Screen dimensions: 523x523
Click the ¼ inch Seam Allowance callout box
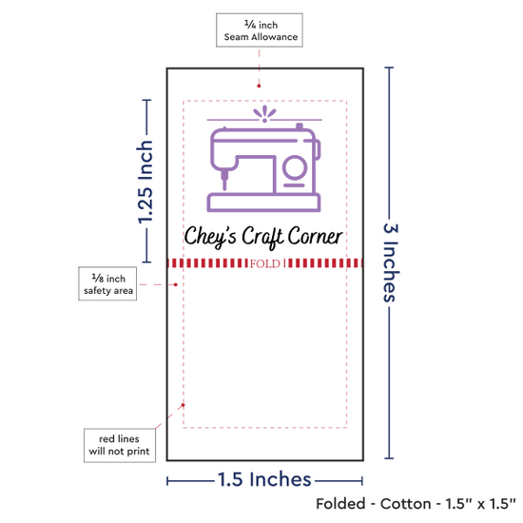point(260,30)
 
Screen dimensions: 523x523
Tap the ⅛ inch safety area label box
point(107,283)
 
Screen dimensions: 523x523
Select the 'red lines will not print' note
point(120,445)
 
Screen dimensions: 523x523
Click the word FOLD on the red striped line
point(265,263)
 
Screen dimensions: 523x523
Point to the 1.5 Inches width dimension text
point(264,479)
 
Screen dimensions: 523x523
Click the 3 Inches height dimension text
point(391,262)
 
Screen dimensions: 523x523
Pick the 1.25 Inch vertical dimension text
point(145,183)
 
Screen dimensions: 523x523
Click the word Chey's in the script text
point(210,237)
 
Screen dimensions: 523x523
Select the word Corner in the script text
point(315,236)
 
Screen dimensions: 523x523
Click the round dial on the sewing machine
point(295,167)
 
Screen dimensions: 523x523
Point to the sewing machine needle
point(224,180)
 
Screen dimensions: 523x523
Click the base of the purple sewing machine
point(263,203)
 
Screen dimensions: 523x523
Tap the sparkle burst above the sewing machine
point(264,114)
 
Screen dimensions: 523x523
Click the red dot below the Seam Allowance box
point(259,86)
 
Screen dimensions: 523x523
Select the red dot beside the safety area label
point(176,284)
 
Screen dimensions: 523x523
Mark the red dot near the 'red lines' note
point(183,405)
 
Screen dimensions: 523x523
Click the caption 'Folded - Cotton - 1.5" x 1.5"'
point(416,504)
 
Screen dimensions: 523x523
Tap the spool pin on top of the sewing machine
point(300,126)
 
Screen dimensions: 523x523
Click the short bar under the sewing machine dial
point(294,185)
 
